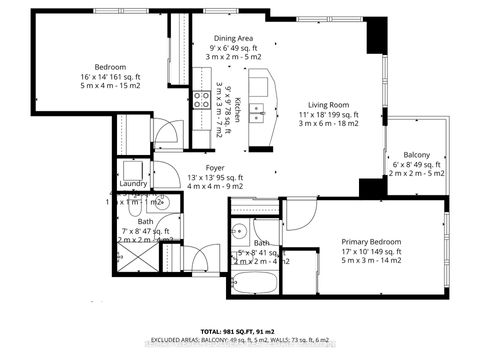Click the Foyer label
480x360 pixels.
pos(214,168)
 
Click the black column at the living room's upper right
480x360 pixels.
pos(375,37)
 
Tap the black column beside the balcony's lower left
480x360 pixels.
pos(373,188)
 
